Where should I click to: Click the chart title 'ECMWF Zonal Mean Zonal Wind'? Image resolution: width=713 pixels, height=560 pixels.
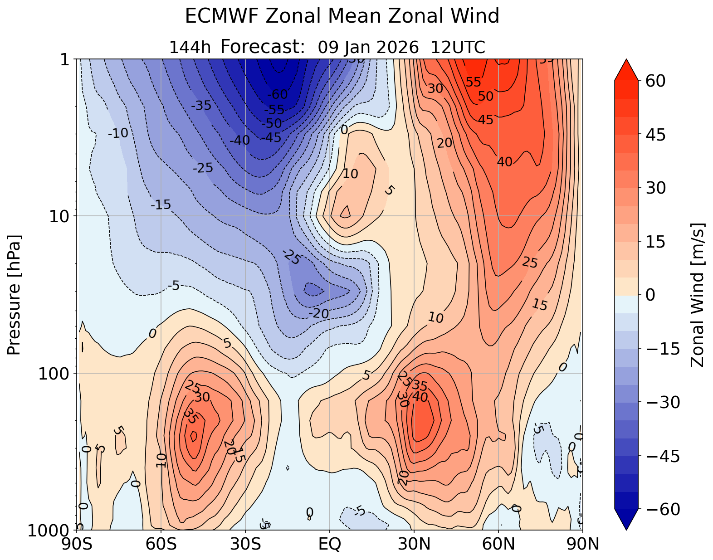coord(342,17)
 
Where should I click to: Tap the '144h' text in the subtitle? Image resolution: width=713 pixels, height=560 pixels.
coord(190,47)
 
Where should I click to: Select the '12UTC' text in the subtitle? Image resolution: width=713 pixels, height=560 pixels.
coord(458,47)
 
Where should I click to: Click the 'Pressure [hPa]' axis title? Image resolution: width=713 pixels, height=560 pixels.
coord(15,295)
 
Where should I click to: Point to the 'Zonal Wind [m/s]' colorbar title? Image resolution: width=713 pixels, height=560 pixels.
coord(698,295)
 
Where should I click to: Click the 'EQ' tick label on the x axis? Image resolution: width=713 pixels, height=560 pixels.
coord(330,544)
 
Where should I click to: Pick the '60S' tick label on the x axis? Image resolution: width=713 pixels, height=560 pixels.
coord(161,544)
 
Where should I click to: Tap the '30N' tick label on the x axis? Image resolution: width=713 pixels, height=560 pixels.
coord(414,544)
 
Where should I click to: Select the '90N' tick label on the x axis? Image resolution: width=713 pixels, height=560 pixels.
coord(582,544)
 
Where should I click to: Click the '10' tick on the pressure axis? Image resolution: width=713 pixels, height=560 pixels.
coord(62,216)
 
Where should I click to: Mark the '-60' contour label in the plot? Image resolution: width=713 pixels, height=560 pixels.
coord(277,94)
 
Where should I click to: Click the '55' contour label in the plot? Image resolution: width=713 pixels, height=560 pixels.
coord(473,82)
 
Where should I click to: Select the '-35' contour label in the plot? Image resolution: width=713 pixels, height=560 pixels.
coord(201,106)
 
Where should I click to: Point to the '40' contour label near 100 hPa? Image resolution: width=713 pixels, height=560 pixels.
coord(420,397)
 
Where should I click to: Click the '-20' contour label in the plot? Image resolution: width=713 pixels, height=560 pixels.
coord(318,313)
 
